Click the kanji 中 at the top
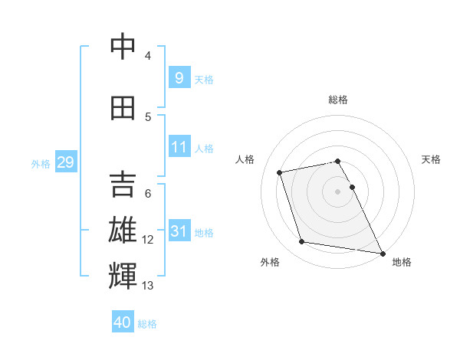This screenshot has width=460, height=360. click(x=123, y=47)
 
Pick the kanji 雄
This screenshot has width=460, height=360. click(x=123, y=231)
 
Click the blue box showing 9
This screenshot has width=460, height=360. click(x=179, y=77)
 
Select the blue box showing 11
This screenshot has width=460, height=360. click(x=179, y=147)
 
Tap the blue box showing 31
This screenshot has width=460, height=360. click(x=179, y=231)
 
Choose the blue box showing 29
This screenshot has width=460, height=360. click(x=64, y=162)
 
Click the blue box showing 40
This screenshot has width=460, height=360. click(x=123, y=322)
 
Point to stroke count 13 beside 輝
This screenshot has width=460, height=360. click(x=148, y=286)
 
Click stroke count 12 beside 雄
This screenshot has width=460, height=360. click(x=148, y=240)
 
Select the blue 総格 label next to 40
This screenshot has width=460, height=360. click(x=147, y=324)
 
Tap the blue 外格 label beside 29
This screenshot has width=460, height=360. click(x=41, y=163)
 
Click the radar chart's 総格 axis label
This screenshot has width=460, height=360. click(x=338, y=100)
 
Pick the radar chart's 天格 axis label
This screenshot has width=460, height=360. click(x=432, y=159)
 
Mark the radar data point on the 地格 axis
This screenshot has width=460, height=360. click(x=382, y=253)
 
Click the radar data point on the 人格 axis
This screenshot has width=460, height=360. click(x=280, y=172)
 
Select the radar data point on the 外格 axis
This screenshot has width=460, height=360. click(x=302, y=242)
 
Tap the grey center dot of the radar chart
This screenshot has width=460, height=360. click(x=338, y=191)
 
